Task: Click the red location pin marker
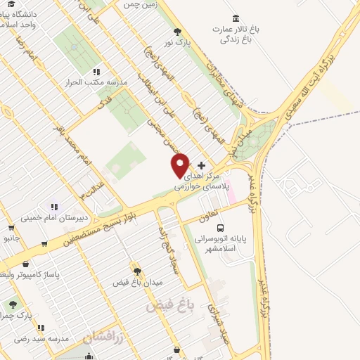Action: click(x=181, y=165)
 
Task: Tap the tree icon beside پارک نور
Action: click(x=177, y=31)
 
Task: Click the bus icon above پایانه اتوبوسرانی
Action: click(x=221, y=228)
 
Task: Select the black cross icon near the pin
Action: click(x=202, y=165)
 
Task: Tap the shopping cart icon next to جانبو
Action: click(x=11, y=227)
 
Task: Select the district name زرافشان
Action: click(x=103, y=337)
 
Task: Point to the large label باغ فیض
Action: click(x=169, y=306)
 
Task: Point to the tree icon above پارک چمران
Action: click(x=12, y=304)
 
